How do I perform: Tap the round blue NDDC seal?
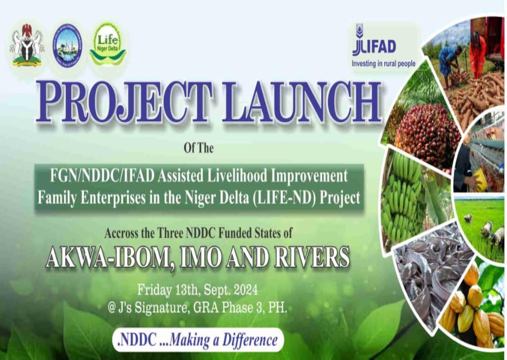[x=67, y=46]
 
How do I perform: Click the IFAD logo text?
[x=374, y=46]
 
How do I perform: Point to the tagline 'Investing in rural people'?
[x=383, y=64]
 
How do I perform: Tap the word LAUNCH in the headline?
[x=302, y=102]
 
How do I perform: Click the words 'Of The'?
[x=199, y=148]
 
